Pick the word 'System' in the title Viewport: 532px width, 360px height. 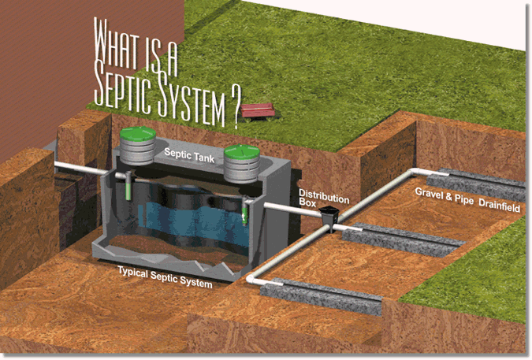tap(183, 97)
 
